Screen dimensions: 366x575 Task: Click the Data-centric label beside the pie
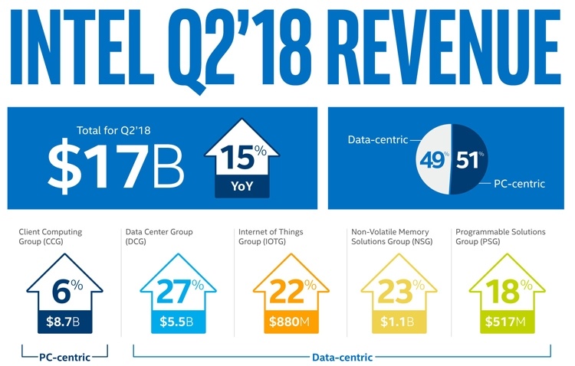(x=376, y=139)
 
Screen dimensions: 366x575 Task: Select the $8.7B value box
(x=63, y=322)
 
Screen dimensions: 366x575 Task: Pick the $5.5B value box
(x=173, y=322)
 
